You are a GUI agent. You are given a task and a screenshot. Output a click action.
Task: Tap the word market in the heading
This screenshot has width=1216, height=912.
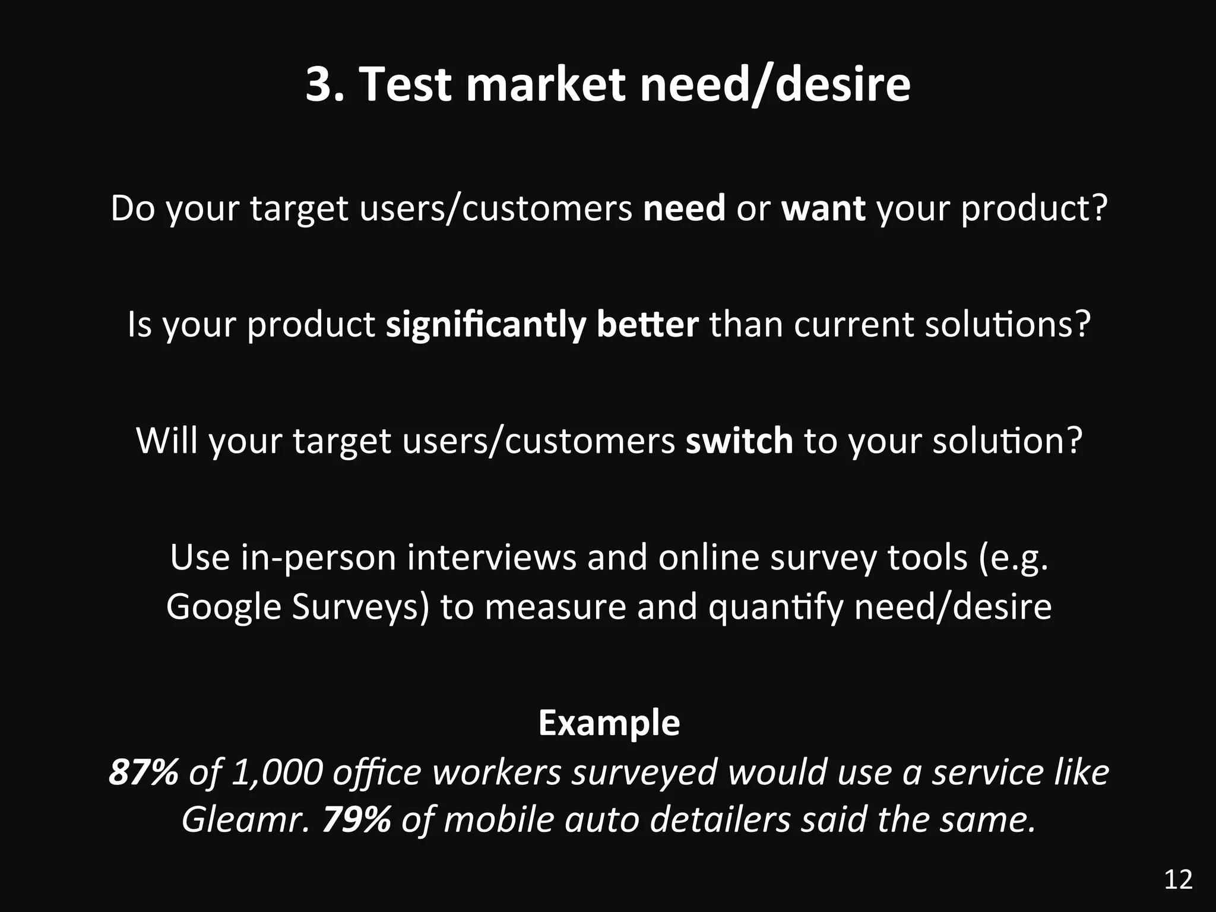(x=545, y=84)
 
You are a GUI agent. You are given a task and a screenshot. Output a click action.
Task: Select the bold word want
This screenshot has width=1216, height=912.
(x=823, y=208)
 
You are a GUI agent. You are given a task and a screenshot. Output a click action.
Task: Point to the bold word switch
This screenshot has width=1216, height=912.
(x=739, y=441)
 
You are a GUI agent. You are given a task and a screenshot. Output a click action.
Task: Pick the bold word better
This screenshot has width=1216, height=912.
(x=647, y=325)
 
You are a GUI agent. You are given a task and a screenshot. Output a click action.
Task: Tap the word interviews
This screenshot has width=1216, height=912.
(x=492, y=558)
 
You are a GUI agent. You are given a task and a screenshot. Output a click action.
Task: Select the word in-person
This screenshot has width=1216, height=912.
(x=319, y=558)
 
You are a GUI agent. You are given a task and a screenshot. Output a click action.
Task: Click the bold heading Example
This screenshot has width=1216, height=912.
(x=609, y=723)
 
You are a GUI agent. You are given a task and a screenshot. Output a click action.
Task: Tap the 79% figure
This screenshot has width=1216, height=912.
(x=356, y=820)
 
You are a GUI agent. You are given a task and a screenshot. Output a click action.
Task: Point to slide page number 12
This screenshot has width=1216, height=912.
(x=1179, y=879)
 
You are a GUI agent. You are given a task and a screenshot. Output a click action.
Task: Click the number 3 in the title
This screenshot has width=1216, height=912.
(x=321, y=84)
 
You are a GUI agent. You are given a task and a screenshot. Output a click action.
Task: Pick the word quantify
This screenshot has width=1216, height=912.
(x=775, y=607)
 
